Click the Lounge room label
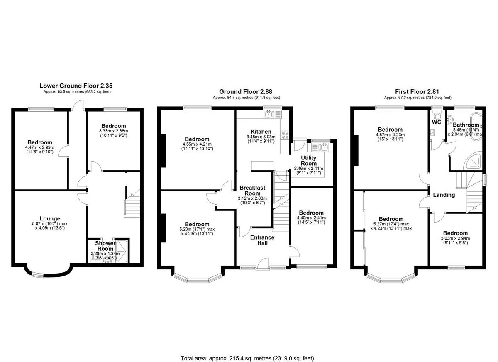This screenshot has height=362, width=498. coord(50,219)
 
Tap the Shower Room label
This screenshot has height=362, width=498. coord(105,246)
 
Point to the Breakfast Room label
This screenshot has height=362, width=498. coord(252,191)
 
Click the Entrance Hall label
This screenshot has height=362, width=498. coord(262,240)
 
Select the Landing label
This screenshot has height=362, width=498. coord(444,195)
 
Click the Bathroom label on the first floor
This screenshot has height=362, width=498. coord(466,125)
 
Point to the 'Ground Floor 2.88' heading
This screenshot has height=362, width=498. coord(246,91)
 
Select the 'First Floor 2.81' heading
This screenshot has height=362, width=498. coord(417,91)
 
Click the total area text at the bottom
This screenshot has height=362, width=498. coord(247,358)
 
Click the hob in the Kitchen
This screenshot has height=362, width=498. coord(285,135)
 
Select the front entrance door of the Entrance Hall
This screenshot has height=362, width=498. coord(262,264)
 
